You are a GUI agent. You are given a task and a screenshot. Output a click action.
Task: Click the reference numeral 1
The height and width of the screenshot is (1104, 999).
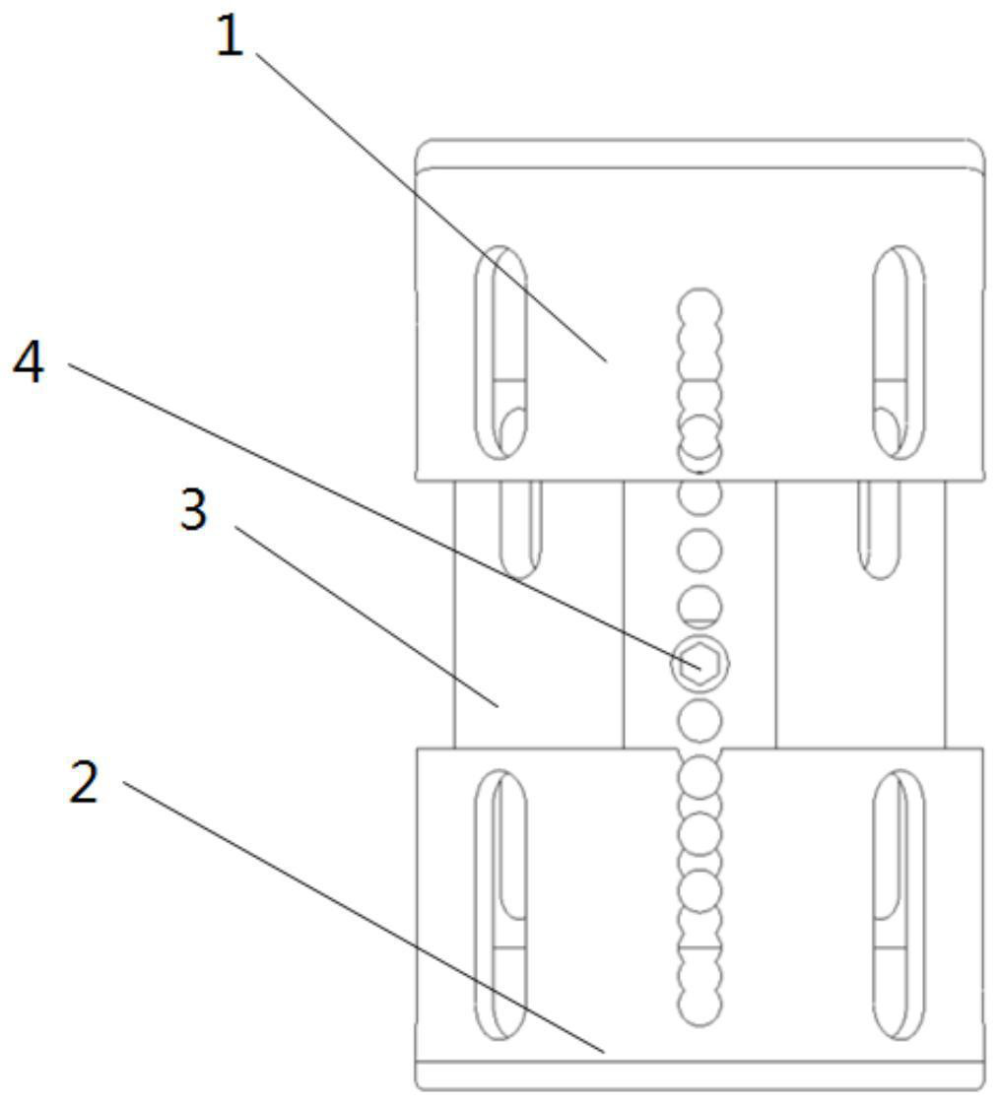230,36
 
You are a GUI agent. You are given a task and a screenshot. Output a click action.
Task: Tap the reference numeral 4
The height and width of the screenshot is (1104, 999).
29,361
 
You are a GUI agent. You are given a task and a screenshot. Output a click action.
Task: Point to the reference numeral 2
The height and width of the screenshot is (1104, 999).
84,782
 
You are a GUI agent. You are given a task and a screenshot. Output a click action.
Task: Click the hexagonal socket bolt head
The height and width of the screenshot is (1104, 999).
699,663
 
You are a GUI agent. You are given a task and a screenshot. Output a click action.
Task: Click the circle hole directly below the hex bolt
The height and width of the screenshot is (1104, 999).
699,720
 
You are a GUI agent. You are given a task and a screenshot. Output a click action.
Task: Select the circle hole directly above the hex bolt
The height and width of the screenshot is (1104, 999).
699,607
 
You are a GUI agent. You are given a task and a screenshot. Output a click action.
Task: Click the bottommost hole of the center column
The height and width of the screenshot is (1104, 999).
699,1005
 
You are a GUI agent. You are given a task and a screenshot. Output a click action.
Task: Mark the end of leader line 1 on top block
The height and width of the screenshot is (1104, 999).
606,361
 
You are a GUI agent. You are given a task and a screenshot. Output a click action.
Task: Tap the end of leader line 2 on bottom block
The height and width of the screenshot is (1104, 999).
605,1053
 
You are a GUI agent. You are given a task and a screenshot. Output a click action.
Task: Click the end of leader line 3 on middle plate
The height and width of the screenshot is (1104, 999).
499,705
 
